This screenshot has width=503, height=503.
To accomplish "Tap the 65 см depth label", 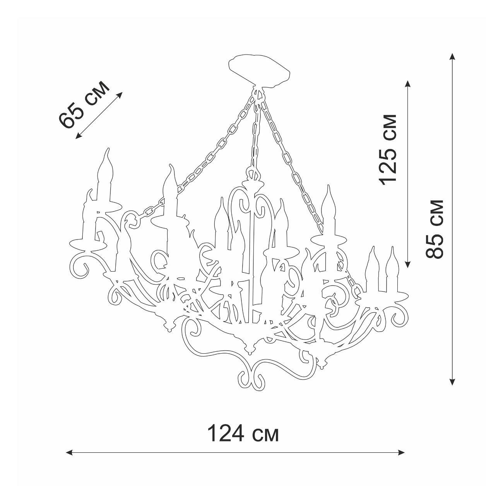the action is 83,105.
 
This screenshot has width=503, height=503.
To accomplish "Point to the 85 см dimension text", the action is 435,229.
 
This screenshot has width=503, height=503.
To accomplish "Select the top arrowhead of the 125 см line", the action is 408,85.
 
